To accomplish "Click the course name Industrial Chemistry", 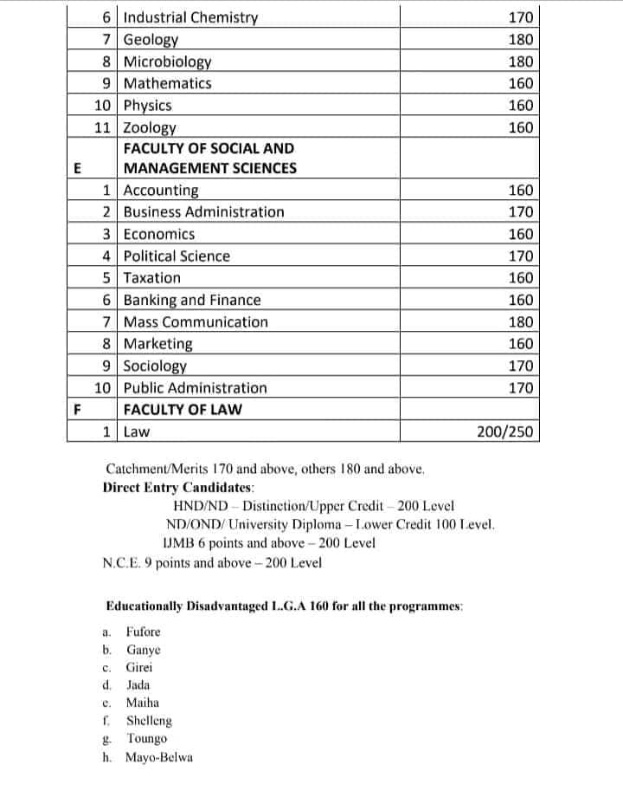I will point(190,17).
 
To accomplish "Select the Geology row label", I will point(151,40).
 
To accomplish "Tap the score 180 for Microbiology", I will point(521,62).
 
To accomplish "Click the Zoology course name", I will point(151,127).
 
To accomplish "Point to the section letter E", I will point(77,168).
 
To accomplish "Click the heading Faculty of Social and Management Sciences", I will point(209,159).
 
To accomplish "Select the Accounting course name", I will point(161,191).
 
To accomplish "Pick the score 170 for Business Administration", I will point(521,212).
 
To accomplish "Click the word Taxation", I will point(152,278).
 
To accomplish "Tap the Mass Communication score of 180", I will point(521,322).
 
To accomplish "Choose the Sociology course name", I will point(155,366).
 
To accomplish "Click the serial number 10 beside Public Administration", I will point(103,388).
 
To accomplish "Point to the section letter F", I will point(77,410).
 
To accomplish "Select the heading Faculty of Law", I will point(183,410).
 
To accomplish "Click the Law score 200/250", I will point(505,431).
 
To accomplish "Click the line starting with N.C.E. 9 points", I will point(212,562).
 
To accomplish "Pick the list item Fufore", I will point(144,632).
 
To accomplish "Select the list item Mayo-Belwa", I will point(160,757).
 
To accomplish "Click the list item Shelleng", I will point(149,721).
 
